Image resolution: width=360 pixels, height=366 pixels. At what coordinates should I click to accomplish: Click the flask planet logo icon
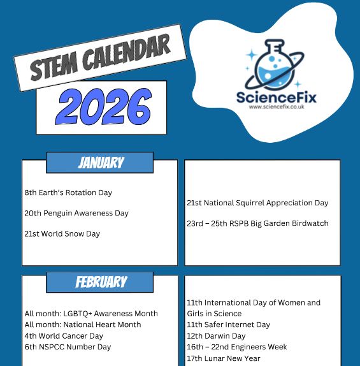(x=277, y=66)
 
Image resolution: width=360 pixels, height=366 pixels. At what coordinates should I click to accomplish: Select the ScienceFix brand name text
(x=276, y=98)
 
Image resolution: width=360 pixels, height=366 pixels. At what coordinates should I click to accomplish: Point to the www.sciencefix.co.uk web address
(x=276, y=108)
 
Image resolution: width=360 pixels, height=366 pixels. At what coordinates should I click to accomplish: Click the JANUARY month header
(x=100, y=163)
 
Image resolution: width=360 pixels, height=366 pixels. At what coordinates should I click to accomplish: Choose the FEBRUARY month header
(x=101, y=282)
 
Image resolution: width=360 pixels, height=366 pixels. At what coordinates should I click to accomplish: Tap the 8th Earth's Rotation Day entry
(x=68, y=193)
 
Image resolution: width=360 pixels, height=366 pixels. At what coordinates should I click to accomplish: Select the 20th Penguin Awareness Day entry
(x=76, y=213)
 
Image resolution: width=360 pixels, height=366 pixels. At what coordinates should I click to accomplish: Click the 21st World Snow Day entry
(x=62, y=233)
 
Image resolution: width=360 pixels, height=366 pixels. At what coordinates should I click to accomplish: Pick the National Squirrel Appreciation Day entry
(x=257, y=203)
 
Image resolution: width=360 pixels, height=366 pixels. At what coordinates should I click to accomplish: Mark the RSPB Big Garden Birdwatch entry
(x=257, y=223)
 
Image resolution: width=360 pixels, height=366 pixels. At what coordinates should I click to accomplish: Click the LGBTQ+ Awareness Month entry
(x=91, y=314)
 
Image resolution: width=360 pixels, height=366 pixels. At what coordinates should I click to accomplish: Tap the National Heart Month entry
(x=83, y=325)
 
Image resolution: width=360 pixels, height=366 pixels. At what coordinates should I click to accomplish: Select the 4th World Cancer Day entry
(x=64, y=336)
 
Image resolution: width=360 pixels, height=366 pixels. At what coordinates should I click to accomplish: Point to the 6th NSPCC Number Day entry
(x=68, y=347)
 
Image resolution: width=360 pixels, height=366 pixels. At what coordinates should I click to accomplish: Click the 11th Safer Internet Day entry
(x=228, y=325)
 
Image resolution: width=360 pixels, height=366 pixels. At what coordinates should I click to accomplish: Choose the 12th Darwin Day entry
(x=216, y=336)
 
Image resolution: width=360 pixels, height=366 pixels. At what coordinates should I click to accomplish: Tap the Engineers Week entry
(x=237, y=347)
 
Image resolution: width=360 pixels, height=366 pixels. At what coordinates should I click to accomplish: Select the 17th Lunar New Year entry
(x=224, y=358)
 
